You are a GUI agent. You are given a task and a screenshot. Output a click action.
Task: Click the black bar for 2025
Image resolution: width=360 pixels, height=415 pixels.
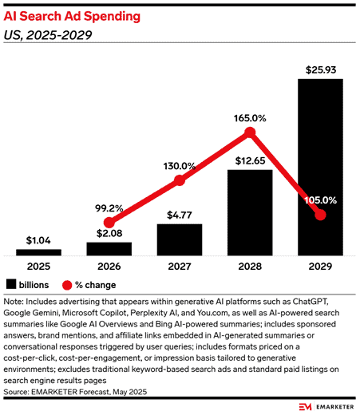click(x=38, y=252)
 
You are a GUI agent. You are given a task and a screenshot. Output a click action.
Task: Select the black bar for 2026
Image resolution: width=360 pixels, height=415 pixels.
click(x=109, y=249)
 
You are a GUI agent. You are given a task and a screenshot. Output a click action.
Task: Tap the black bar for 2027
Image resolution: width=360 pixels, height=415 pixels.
click(x=180, y=240)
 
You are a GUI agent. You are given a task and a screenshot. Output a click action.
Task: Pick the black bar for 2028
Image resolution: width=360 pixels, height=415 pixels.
click(x=250, y=213)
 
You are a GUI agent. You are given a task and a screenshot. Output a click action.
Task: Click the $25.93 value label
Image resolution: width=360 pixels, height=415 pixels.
click(x=321, y=70)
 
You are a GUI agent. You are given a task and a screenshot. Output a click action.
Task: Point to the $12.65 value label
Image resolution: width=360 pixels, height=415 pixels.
click(x=250, y=161)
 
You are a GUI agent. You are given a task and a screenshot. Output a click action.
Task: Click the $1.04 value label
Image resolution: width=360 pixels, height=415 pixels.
click(x=38, y=240)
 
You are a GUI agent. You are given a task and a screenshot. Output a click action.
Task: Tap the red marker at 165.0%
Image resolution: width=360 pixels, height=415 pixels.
click(x=250, y=132)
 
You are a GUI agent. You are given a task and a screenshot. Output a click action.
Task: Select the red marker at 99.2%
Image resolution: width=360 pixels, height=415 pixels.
click(x=109, y=223)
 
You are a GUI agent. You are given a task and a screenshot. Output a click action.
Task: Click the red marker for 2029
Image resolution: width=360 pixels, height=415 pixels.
click(x=320, y=215)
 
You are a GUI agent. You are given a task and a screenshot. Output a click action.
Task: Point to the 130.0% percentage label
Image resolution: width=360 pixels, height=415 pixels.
click(x=180, y=166)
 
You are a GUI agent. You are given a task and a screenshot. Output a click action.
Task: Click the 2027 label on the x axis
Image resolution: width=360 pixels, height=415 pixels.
click(x=180, y=267)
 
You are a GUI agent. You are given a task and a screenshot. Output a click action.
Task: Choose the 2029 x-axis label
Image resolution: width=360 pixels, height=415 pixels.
click(x=320, y=267)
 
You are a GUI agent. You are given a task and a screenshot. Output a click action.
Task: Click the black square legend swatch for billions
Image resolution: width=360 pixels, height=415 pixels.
click(x=11, y=284)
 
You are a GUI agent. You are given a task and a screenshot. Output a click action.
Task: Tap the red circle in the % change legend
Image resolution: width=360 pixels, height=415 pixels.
click(x=67, y=285)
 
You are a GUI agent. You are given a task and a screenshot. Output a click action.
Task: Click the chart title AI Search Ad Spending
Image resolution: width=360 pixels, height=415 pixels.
click(x=72, y=17)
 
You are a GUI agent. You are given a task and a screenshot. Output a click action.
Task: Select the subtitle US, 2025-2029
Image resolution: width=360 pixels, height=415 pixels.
click(x=48, y=35)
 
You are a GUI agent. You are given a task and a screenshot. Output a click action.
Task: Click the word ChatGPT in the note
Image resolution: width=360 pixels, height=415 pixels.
click(x=311, y=302)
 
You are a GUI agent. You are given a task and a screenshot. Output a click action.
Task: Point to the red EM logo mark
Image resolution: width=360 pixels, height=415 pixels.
click(x=305, y=407)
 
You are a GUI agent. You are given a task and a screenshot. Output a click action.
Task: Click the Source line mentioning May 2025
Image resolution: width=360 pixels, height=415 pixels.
click(x=75, y=392)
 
